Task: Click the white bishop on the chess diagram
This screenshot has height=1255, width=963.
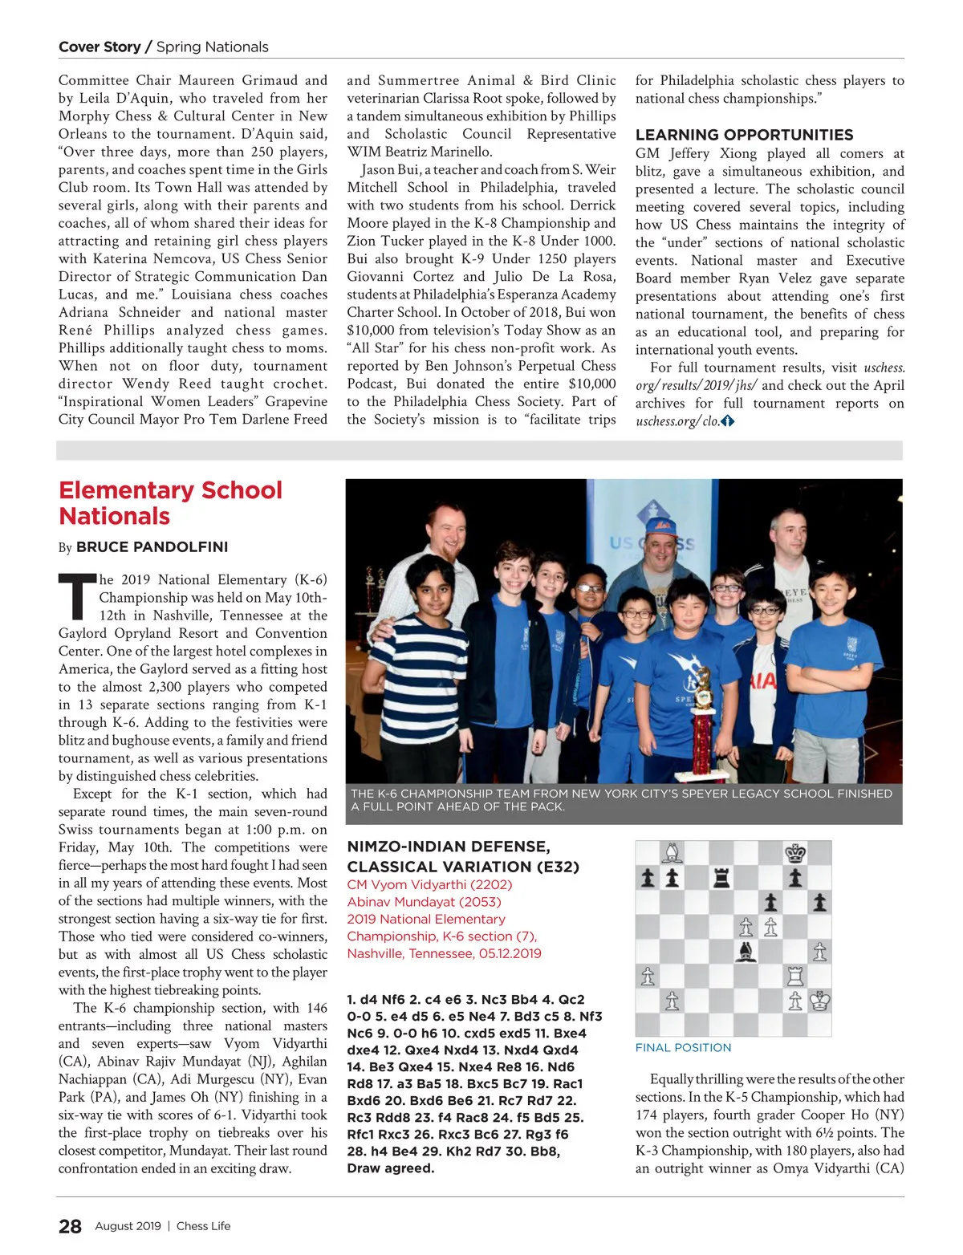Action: pyautogui.click(x=672, y=852)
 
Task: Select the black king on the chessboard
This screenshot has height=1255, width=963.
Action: pyautogui.click(x=795, y=852)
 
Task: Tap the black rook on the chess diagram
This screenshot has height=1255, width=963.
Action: pyautogui.click(x=721, y=877)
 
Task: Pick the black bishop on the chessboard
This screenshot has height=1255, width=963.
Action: pyautogui.click(x=746, y=951)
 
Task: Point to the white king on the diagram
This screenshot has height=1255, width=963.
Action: pyautogui.click(x=819, y=1001)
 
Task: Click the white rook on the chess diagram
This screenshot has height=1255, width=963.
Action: pyautogui.click(x=795, y=976)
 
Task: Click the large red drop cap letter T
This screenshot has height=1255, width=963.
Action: pyautogui.click(x=77, y=597)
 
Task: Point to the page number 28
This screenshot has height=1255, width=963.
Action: pyautogui.click(x=71, y=1226)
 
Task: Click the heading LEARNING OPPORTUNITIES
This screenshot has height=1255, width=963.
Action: pyautogui.click(x=744, y=135)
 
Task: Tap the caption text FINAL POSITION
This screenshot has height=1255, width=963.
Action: pyautogui.click(x=683, y=1048)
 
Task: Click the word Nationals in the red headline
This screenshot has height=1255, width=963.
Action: pyautogui.click(x=115, y=517)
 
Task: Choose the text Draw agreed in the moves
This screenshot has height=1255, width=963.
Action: pyautogui.click(x=391, y=1168)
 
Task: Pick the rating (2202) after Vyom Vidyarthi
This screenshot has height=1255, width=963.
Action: pyautogui.click(x=490, y=884)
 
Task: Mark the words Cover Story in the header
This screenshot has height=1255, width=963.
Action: pyautogui.click(x=99, y=47)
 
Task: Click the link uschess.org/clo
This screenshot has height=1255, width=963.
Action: pyautogui.click(x=677, y=421)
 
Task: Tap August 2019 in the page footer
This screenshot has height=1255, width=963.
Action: pyautogui.click(x=128, y=1226)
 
